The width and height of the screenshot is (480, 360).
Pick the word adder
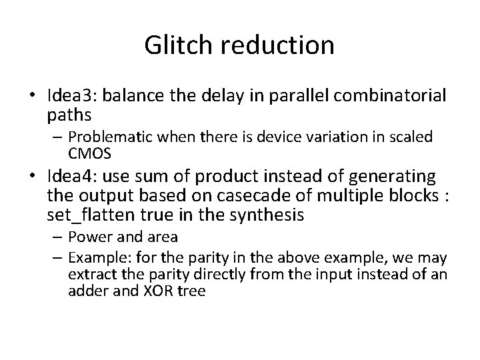(x=85, y=290)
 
